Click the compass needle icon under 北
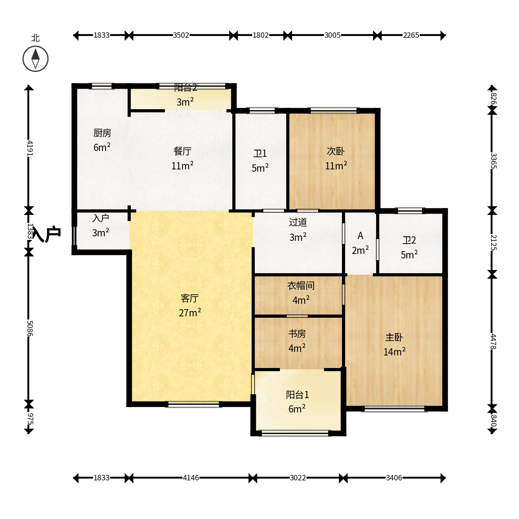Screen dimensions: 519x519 [x=35, y=59]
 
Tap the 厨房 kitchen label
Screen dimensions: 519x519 [x=102, y=133]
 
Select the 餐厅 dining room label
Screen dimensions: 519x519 [x=182, y=151]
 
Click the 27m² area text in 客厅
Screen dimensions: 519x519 [x=190, y=312]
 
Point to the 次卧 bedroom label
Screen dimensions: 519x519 [x=336, y=151]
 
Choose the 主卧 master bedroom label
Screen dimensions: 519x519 [x=394, y=337]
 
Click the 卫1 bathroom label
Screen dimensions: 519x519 [x=260, y=154]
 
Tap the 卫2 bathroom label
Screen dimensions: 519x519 [x=409, y=240]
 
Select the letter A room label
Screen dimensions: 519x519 [x=360, y=236]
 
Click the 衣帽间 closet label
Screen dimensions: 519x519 [x=301, y=286]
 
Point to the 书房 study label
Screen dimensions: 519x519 [x=297, y=333]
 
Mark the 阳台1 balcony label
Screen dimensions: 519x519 [x=297, y=395]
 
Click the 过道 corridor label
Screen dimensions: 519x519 [x=298, y=222]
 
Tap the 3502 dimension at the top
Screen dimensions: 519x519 [x=181, y=35]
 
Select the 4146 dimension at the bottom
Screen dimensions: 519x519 [x=191, y=478]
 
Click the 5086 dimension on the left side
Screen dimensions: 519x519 [x=30, y=328]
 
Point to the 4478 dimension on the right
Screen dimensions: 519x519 [x=493, y=342]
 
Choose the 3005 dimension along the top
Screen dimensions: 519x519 [x=333, y=35]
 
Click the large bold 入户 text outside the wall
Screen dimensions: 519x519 [x=47, y=235]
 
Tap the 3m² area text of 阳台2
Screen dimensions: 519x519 [x=185, y=102]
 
